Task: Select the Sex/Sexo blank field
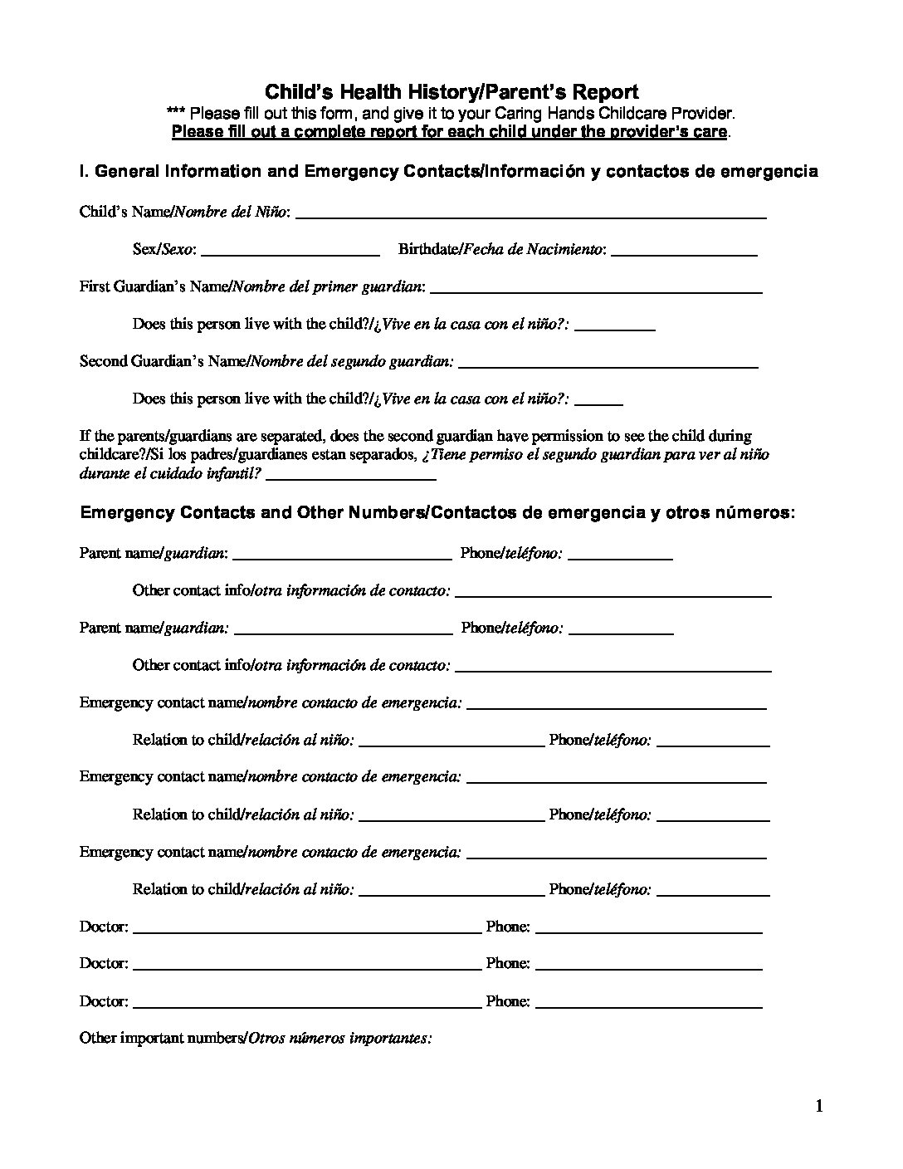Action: point(290,252)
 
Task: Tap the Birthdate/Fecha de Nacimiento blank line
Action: point(683,252)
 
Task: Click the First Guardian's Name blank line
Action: point(596,290)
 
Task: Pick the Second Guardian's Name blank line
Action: point(608,364)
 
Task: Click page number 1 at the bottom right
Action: point(820,1106)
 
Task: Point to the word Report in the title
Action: point(610,92)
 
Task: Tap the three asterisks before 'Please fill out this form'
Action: point(177,114)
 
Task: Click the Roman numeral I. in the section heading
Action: point(83,172)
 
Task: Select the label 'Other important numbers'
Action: point(162,1038)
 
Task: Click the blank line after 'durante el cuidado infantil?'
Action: point(351,477)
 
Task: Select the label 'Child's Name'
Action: point(124,212)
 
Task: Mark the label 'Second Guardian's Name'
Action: point(162,361)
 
